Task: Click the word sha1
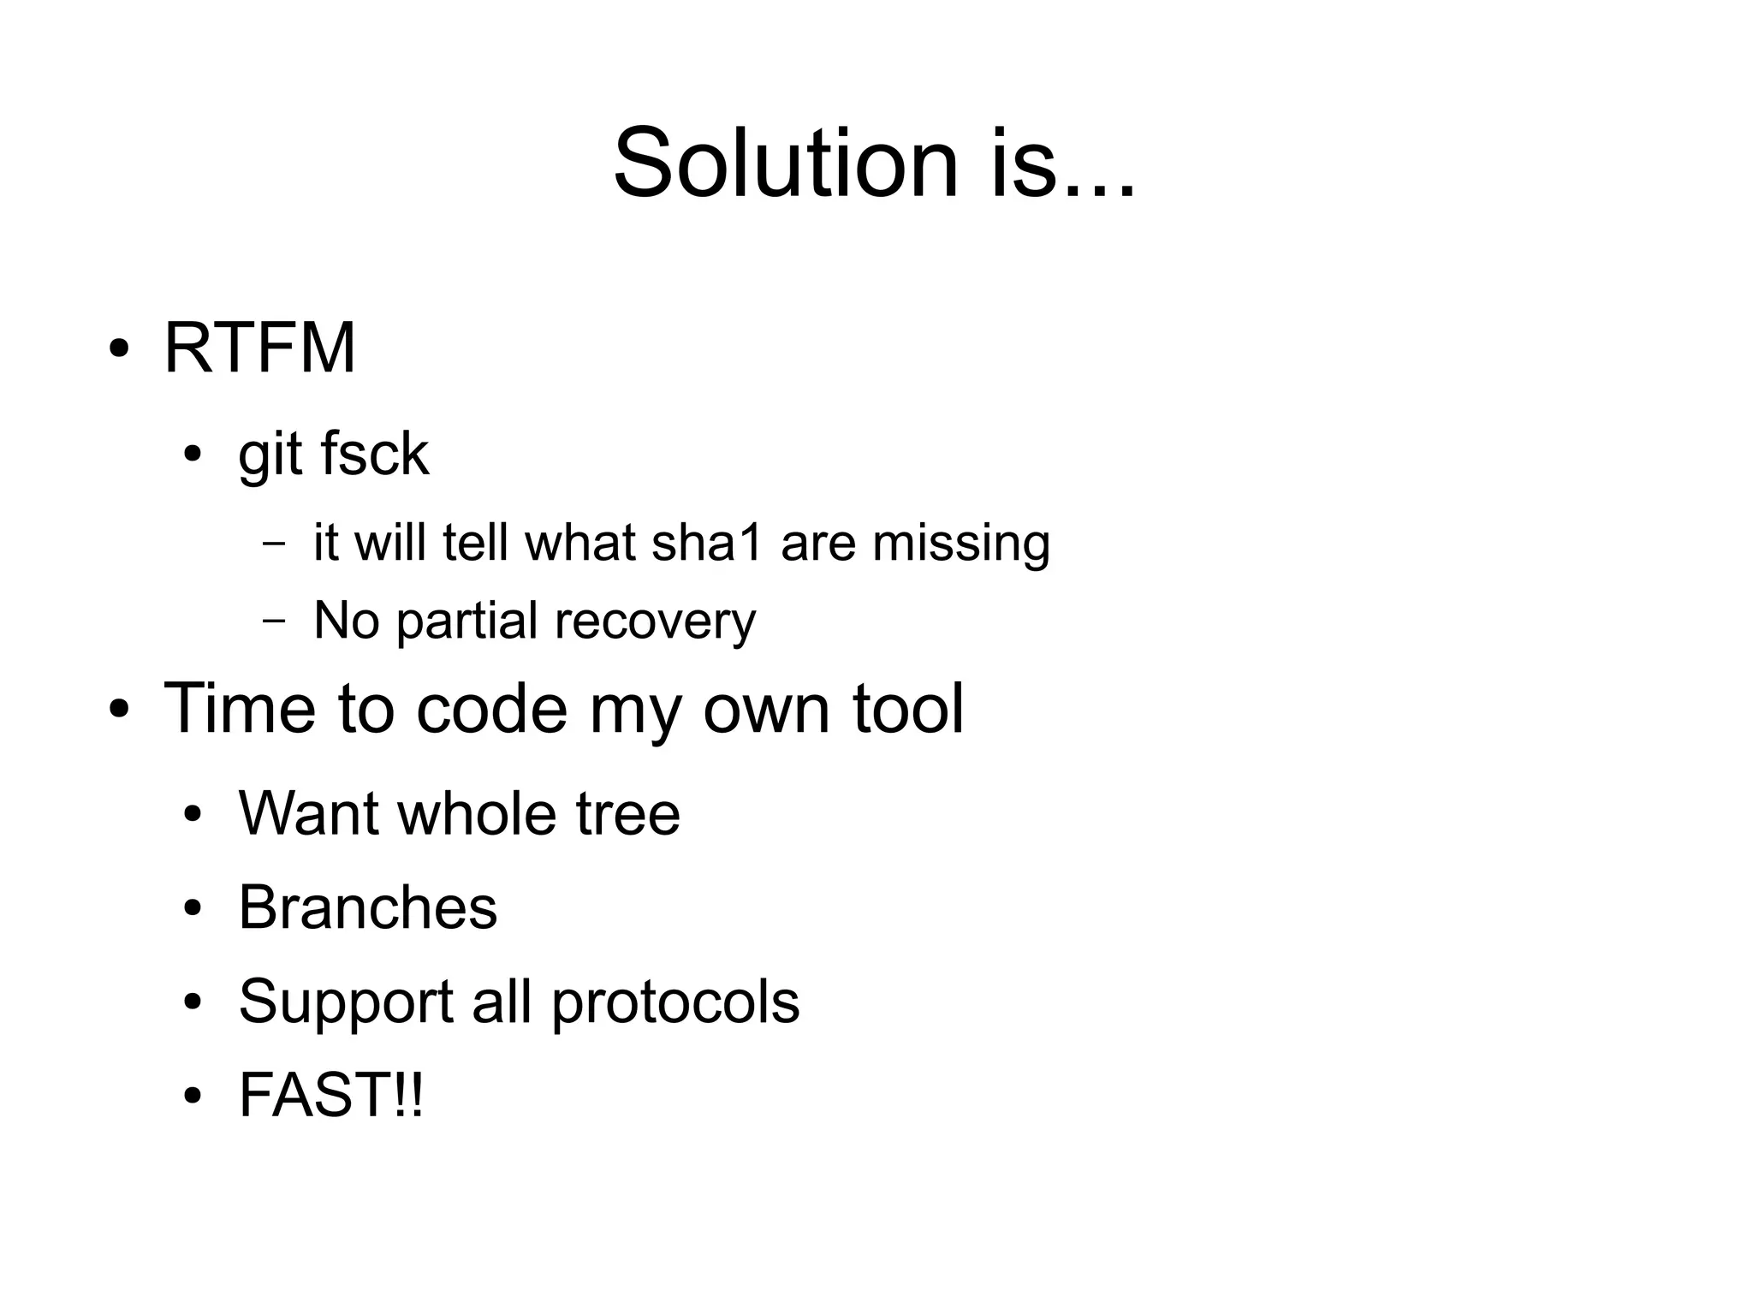point(706,543)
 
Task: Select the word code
point(491,710)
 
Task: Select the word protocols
point(674,1002)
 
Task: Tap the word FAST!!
point(330,1095)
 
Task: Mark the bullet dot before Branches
point(193,908)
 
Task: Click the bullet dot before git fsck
point(193,455)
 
